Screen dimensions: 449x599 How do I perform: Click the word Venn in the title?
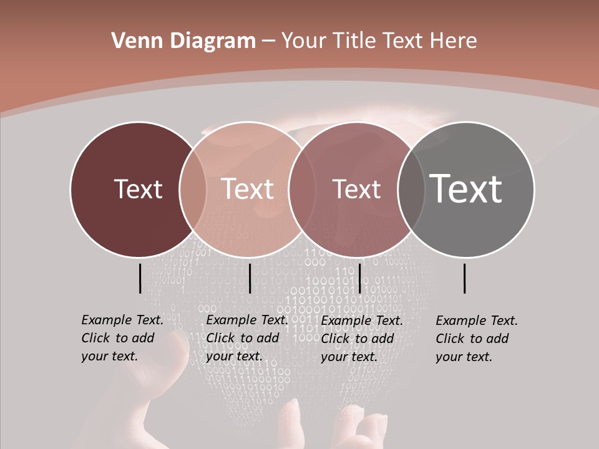coord(132,41)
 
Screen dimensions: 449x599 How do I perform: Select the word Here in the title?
coord(454,41)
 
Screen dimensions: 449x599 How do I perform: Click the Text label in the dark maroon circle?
coord(138,189)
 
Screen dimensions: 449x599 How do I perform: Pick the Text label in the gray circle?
coord(466,189)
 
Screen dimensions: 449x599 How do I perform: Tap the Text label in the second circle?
coord(248,189)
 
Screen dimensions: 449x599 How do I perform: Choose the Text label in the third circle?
coord(356,189)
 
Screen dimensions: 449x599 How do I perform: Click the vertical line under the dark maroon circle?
coord(140,278)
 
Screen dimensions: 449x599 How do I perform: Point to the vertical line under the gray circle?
coord(465,278)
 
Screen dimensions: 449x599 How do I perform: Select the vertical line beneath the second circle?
coord(250,278)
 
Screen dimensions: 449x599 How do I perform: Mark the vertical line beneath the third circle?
coord(360,278)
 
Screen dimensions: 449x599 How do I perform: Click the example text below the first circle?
coord(122,338)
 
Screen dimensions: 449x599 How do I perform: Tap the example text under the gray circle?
coord(477,339)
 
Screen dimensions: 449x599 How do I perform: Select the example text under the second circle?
coord(247,338)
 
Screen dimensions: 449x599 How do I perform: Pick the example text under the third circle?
coord(362,339)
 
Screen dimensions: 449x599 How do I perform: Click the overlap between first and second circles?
coord(193,189)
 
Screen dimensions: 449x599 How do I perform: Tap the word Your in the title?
coord(303,41)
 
